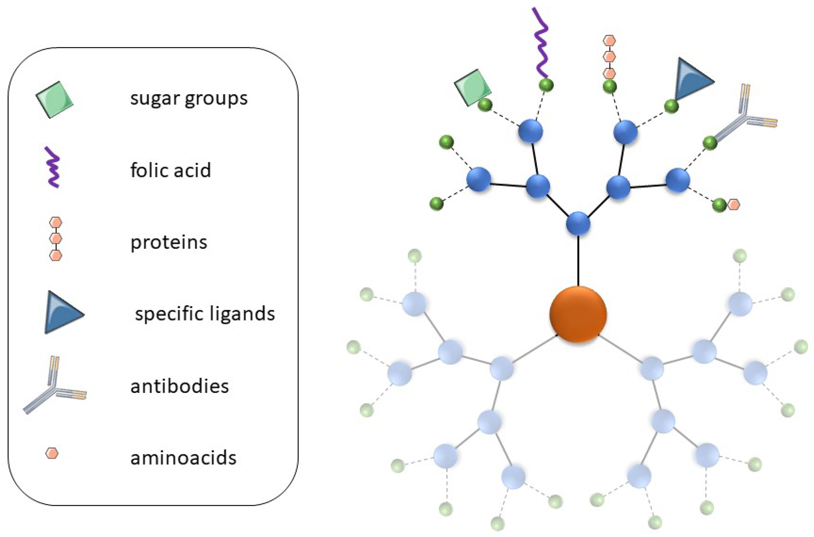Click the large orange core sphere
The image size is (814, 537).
pos(578,314)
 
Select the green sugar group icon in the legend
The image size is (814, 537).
pos(55,100)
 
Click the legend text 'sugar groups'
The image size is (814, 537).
pos(189,99)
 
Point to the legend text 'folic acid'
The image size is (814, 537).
pos(170,170)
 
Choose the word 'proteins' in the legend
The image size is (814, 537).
pos(169,242)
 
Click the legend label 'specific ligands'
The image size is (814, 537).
pos(205,314)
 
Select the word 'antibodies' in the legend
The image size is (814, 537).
pos(179,386)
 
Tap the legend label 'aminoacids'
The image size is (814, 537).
pos(184,458)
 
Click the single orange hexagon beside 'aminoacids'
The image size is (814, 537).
pos(52,453)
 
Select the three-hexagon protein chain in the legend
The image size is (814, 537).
pos(56,238)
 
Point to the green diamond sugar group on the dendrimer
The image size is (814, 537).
pos(473,87)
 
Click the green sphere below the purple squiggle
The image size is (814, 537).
pos(546,85)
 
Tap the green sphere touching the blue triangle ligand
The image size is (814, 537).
pos(671,106)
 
